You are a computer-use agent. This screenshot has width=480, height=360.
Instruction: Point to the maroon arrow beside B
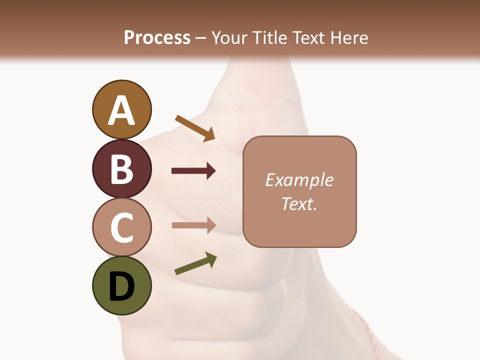(x=193, y=171)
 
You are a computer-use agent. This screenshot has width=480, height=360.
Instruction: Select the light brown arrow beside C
(x=193, y=225)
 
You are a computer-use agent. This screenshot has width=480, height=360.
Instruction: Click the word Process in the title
(x=157, y=37)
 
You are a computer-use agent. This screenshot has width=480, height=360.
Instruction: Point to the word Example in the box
(x=299, y=180)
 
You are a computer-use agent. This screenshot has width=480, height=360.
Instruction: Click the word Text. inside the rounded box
(x=299, y=203)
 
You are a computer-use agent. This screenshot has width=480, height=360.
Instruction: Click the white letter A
(x=121, y=111)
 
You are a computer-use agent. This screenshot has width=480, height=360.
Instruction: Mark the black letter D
(x=121, y=286)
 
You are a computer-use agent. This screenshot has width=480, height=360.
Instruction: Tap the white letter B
(x=121, y=169)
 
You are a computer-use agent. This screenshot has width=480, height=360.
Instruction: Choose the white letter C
(x=121, y=227)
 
